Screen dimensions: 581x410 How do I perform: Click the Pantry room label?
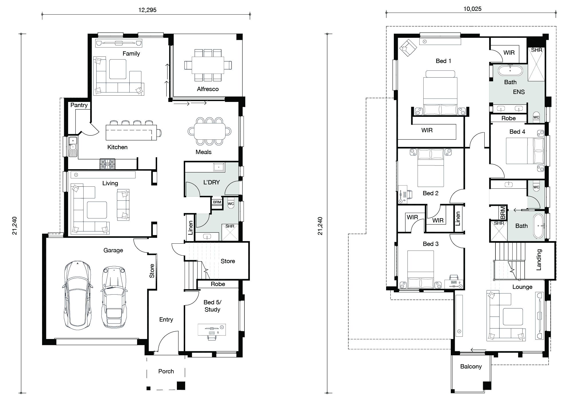(79, 105)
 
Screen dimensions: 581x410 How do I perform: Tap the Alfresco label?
(208, 89)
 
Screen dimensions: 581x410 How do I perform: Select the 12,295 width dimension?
(147, 10)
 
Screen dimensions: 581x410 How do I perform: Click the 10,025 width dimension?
(473, 9)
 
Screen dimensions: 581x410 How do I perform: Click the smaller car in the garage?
(114, 297)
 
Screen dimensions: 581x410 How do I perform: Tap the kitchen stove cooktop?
(107, 164)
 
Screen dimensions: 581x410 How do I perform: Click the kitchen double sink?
(73, 147)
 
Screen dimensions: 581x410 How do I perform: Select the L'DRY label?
(212, 182)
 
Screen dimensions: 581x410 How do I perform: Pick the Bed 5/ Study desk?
(212, 330)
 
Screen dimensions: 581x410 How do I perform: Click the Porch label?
(166, 371)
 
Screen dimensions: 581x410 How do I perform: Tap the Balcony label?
(471, 366)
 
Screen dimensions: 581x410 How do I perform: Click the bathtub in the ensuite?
(510, 70)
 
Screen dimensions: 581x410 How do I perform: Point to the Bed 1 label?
(443, 61)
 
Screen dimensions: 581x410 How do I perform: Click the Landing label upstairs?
(539, 260)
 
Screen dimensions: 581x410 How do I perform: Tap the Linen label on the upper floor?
(458, 219)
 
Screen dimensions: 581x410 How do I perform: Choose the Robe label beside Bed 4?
(508, 118)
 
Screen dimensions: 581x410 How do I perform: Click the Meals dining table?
(210, 131)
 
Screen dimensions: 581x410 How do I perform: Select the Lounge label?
(522, 287)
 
